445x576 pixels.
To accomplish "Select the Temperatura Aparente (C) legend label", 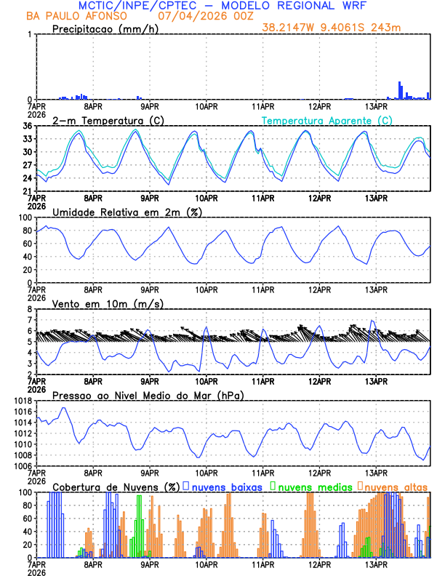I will click(326, 120).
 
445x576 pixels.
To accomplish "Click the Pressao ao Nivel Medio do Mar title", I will click(148, 395).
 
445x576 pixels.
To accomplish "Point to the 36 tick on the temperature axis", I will click(25, 127).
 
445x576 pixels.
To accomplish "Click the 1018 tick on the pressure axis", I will click(20, 401).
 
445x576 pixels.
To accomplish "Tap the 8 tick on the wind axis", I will click(29, 309).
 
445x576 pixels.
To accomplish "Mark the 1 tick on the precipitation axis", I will click(29, 35).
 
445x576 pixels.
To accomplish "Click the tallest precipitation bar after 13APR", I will click(400, 91).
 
